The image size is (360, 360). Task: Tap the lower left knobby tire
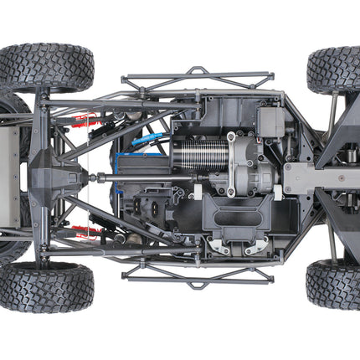click(x=47, y=286)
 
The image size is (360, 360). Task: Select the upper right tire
click(x=335, y=69)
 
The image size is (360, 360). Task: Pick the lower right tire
click(x=335, y=285)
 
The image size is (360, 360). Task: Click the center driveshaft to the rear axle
click(x=126, y=177)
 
